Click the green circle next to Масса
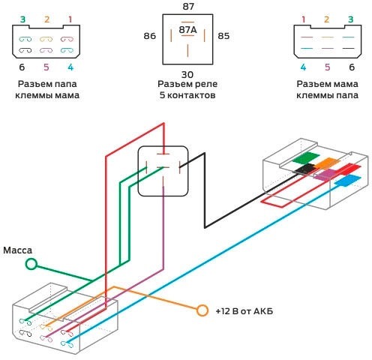click(31, 264)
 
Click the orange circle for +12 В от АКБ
click(202, 310)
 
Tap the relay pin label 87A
click(187, 30)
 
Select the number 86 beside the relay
click(150, 36)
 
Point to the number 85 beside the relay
click(223, 36)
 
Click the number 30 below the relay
click(187, 74)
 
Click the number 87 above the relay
click(188, 7)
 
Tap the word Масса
click(18, 250)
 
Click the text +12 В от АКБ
click(244, 311)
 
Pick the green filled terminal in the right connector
click(306, 158)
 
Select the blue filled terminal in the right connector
click(348, 181)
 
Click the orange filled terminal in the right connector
click(328, 163)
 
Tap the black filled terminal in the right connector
click(306, 169)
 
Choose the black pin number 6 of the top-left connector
click(22, 67)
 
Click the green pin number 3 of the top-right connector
click(351, 19)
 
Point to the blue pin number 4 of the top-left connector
click(70, 67)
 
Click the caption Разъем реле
click(187, 84)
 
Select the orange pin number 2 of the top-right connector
click(326, 19)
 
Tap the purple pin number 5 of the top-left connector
click(46, 67)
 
